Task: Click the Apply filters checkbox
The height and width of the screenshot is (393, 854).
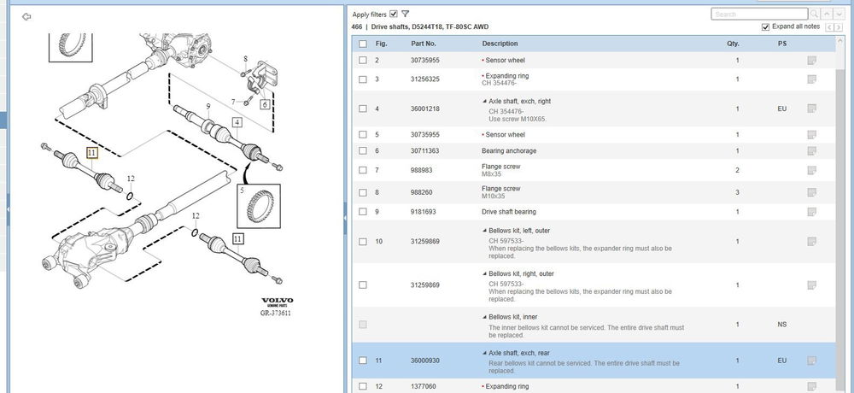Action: [394, 15]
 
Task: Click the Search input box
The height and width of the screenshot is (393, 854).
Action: [759, 15]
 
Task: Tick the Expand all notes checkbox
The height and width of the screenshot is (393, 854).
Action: [766, 26]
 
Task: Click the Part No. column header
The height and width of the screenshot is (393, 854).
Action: [424, 44]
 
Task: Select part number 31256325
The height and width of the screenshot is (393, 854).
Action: [424, 79]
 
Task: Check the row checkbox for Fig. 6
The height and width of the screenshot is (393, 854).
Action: [363, 151]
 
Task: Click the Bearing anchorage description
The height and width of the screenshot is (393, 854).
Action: [509, 151]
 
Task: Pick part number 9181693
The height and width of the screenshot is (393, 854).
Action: [424, 212]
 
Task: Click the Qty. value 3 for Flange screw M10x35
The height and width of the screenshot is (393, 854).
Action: [738, 192]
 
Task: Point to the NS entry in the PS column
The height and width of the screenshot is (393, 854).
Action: [782, 325]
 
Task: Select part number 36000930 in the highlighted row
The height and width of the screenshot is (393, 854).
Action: [424, 361]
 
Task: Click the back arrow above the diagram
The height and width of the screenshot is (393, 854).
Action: [26, 17]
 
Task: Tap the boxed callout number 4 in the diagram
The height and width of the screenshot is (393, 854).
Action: [237, 123]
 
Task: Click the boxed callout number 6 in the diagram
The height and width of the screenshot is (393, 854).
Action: [265, 104]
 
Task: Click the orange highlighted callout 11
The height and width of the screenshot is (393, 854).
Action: [91, 153]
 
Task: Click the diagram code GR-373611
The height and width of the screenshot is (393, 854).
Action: [276, 313]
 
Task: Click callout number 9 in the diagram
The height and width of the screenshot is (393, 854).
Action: [208, 106]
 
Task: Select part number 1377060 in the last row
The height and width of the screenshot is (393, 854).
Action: [424, 386]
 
